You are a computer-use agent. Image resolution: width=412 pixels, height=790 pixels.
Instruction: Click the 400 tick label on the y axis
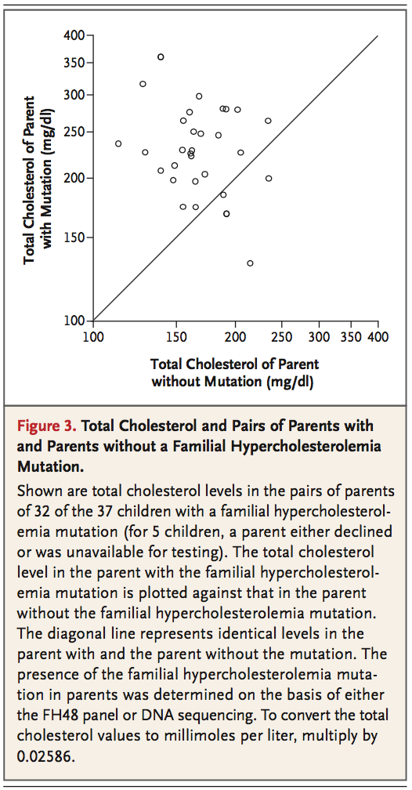(x=74, y=36)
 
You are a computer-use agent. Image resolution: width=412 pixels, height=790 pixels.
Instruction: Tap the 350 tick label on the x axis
(x=349, y=335)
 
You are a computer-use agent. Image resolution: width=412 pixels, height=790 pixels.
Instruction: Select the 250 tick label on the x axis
(x=281, y=335)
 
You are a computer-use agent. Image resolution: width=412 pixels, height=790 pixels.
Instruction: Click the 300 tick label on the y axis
(x=74, y=95)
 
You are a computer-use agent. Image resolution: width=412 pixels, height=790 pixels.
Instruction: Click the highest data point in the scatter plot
(x=161, y=57)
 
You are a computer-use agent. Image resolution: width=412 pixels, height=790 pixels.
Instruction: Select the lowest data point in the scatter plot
(x=250, y=263)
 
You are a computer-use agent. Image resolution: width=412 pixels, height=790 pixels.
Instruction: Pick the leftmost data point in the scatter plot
(x=118, y=143)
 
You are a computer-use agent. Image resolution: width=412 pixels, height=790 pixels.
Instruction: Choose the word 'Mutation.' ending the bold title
(x=50, y=466)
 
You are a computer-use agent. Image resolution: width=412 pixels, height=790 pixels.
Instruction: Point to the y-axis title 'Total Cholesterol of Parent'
(x=31, y=180)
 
